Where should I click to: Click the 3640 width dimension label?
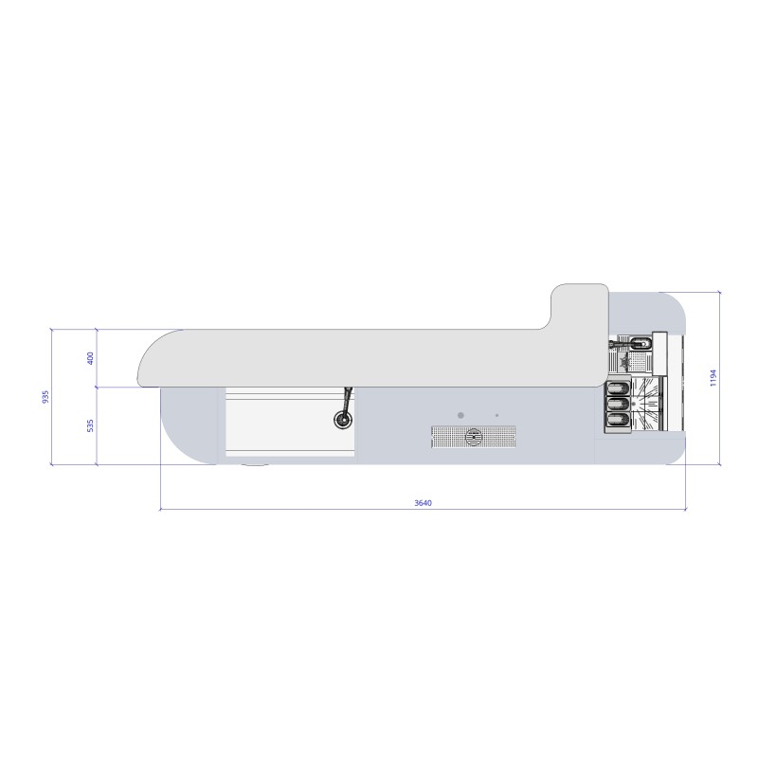coord(424,502)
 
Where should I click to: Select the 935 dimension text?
coord(45,398)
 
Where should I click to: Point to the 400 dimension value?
coord(90,358)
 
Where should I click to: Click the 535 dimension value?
coord(90,426)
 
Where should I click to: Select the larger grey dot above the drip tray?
coord(460,415)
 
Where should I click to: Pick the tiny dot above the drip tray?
coord(496,416)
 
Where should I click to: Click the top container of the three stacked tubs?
coord(618,388)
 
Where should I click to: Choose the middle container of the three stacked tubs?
coord(618,405)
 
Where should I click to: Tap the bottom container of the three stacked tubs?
coord(618,420)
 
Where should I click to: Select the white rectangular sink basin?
coord(275,422)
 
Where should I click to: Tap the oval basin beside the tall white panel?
coord(641,343)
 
